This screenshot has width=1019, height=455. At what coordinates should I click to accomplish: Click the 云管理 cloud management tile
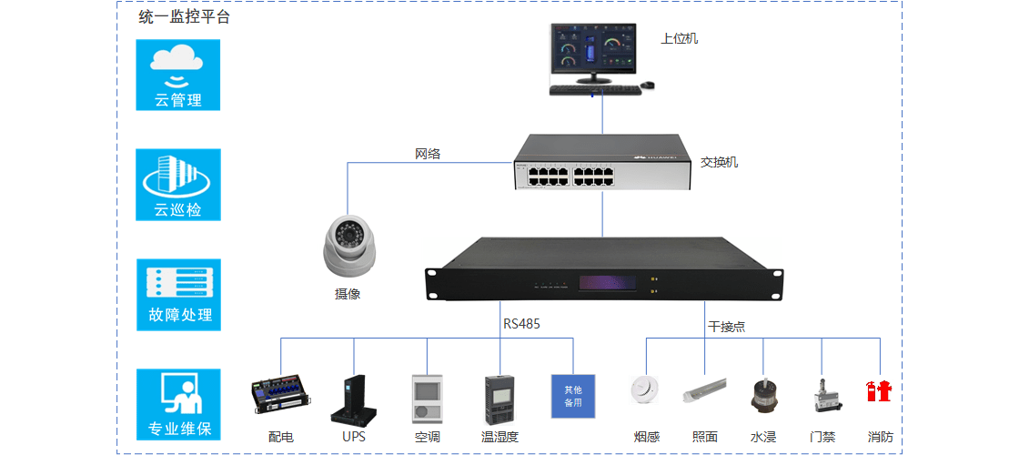(x=177, y=75)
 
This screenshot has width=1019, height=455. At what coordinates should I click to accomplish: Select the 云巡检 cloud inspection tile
(x=177, y=185)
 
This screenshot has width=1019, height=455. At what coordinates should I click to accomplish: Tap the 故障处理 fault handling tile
(x=178, y=293)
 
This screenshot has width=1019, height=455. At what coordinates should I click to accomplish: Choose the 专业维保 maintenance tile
(x=178, y=404)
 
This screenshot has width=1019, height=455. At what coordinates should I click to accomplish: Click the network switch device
(x=601, y=162)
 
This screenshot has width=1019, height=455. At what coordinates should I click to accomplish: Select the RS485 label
(x=521, y=323)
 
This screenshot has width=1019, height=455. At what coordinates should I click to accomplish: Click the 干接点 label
(x=726, y=326)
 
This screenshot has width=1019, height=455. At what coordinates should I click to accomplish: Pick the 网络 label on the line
(x=427, y=154)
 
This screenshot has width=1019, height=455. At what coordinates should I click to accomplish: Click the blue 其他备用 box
(x=572, y=396)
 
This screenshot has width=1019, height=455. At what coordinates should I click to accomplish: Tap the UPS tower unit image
(x=353, y=399)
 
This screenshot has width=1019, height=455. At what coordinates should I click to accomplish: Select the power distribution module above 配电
(x=282, y=398)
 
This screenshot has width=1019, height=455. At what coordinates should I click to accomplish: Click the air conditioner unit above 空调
(x=427, y=399)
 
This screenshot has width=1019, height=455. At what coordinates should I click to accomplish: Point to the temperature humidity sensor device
(x=499, y=399)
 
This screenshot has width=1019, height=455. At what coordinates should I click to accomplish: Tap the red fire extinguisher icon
(x=879, y=391)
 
